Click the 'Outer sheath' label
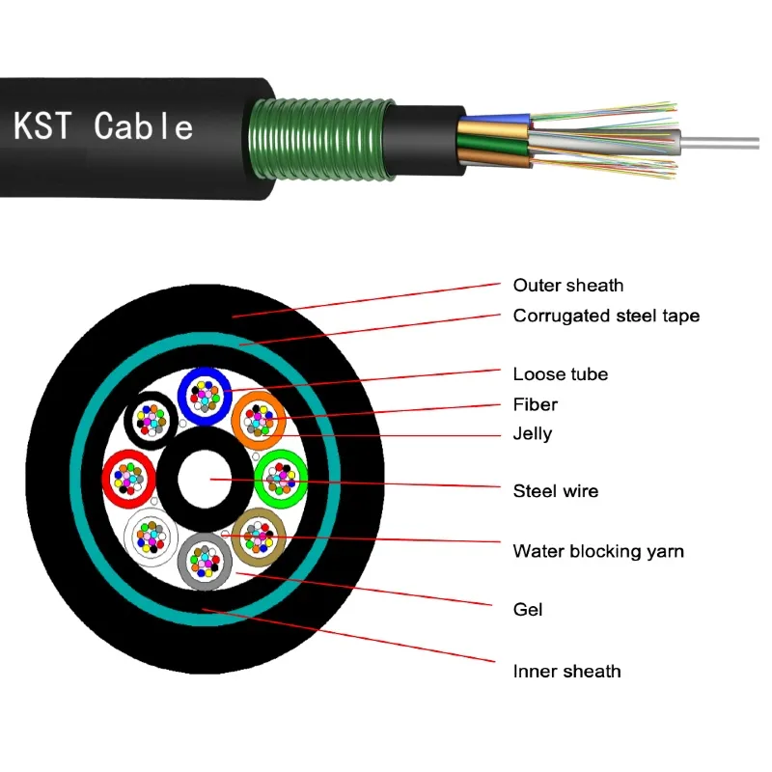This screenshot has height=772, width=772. [x=567, y=286]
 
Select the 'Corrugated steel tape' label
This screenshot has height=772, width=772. [x=606, y=316]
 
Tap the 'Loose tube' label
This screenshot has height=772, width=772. [x=560, y=374]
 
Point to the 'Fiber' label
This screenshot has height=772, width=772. [x=535, y=404]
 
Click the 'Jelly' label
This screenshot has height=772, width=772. [x=533, y=434]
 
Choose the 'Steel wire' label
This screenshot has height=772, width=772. [x=555, y=491]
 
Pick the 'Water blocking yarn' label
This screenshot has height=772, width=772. [x=598, y=552]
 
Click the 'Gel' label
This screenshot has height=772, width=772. [x=528, y=610]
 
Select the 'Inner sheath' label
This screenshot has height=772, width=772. [x=566, y=671]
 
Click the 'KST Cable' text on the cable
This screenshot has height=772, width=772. [x=103, y=126]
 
